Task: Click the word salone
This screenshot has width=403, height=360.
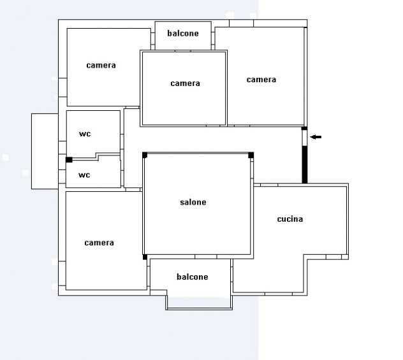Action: (193, 203)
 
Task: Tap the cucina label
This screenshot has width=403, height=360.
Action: (290, 219)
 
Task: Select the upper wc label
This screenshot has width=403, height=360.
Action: (85, 134)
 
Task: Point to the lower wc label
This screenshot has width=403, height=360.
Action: (84, 175)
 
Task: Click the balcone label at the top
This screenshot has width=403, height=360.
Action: (183, 33)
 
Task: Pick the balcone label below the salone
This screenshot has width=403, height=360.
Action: (193, 277)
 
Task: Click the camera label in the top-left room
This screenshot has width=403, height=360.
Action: (101, 65)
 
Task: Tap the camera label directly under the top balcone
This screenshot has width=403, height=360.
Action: (186, 83)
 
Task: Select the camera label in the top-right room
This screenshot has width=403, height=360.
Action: (261, 80)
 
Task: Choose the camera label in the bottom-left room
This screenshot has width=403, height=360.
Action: (99, 243)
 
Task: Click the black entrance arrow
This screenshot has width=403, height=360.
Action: (316, 137)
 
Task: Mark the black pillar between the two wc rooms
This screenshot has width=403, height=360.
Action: (69, 160)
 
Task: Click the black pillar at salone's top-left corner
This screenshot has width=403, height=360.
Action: (145, 155)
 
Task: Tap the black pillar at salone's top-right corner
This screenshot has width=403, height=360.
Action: (251, 155)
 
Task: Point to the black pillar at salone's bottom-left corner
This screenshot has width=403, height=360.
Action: (145, 257)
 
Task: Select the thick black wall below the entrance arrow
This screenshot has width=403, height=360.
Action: (305, 164)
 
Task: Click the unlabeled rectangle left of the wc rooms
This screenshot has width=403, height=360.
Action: (45, 151)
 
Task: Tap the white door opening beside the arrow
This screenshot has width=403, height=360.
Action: (304, 138)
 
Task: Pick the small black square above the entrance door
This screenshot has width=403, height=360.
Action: (304, 128)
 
